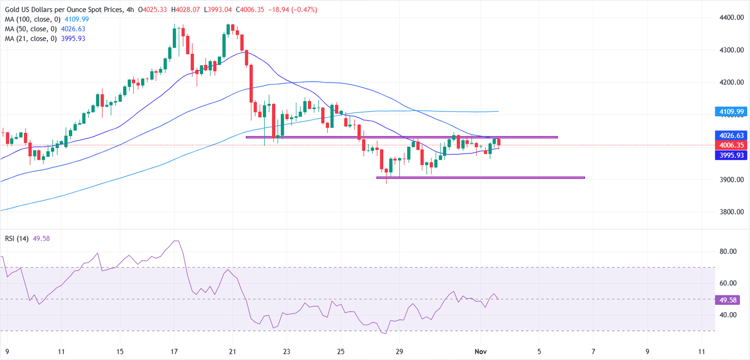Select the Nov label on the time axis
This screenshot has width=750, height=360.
pos(481,351)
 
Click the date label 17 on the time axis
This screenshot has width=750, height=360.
pos(174,351)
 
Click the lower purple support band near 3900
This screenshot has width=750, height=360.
pos(480,177)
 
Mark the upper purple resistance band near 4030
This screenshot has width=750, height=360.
pos(401,137)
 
